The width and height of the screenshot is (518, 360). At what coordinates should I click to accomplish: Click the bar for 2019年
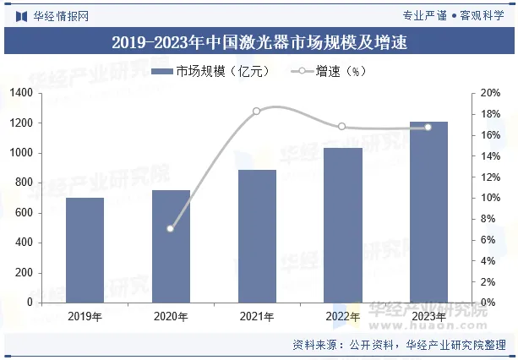click(x=85, y=250)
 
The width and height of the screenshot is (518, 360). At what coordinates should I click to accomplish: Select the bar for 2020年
click(x=171, y=246)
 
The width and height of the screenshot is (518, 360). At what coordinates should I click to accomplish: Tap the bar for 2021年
click(x=257, y=236)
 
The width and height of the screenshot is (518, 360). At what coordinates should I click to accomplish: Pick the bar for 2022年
click(x=342, y=225)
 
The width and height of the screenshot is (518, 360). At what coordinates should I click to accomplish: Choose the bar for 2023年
click(x=428, y=212)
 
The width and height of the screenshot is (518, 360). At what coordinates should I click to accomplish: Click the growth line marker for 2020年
click(x=171, y=228)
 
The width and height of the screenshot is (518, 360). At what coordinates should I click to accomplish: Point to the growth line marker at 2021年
click(x=257, y=111)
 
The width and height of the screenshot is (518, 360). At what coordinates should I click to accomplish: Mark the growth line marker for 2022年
click(x=342, y=127)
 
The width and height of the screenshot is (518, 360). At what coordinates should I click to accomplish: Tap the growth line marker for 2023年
click(x=428, y=127)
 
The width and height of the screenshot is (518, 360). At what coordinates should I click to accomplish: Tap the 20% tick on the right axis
click(x=491, y=93)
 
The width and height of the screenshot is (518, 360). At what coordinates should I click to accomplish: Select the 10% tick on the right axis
click(x=491, y=198)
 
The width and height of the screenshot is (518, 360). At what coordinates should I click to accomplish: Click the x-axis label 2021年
click(x=257, y=317)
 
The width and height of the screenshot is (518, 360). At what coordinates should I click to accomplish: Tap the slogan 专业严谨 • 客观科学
click(x=454, y=15)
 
